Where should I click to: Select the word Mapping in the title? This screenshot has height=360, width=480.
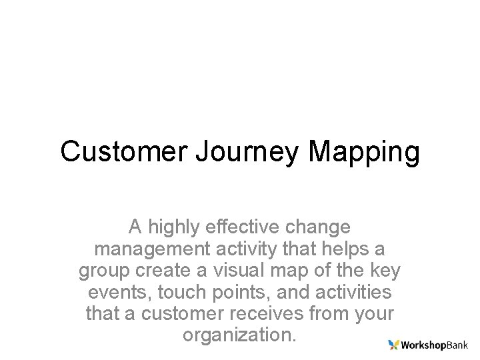tap(364, 153)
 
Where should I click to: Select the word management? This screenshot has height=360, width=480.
tap(154, 249)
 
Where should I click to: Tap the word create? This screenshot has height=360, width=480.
tap(165, 271)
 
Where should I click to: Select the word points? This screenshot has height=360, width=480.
tap(242, 293)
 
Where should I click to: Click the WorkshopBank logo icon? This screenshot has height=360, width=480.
tap(394, 345)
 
